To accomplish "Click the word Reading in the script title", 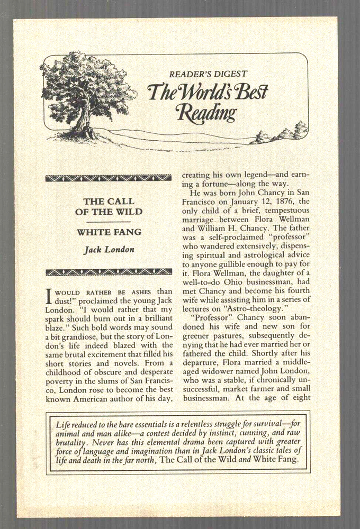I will (207, 112).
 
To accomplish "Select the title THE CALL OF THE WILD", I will (110, 206).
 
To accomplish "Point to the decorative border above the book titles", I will (110, 178).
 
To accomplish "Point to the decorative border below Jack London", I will (110, 272).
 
